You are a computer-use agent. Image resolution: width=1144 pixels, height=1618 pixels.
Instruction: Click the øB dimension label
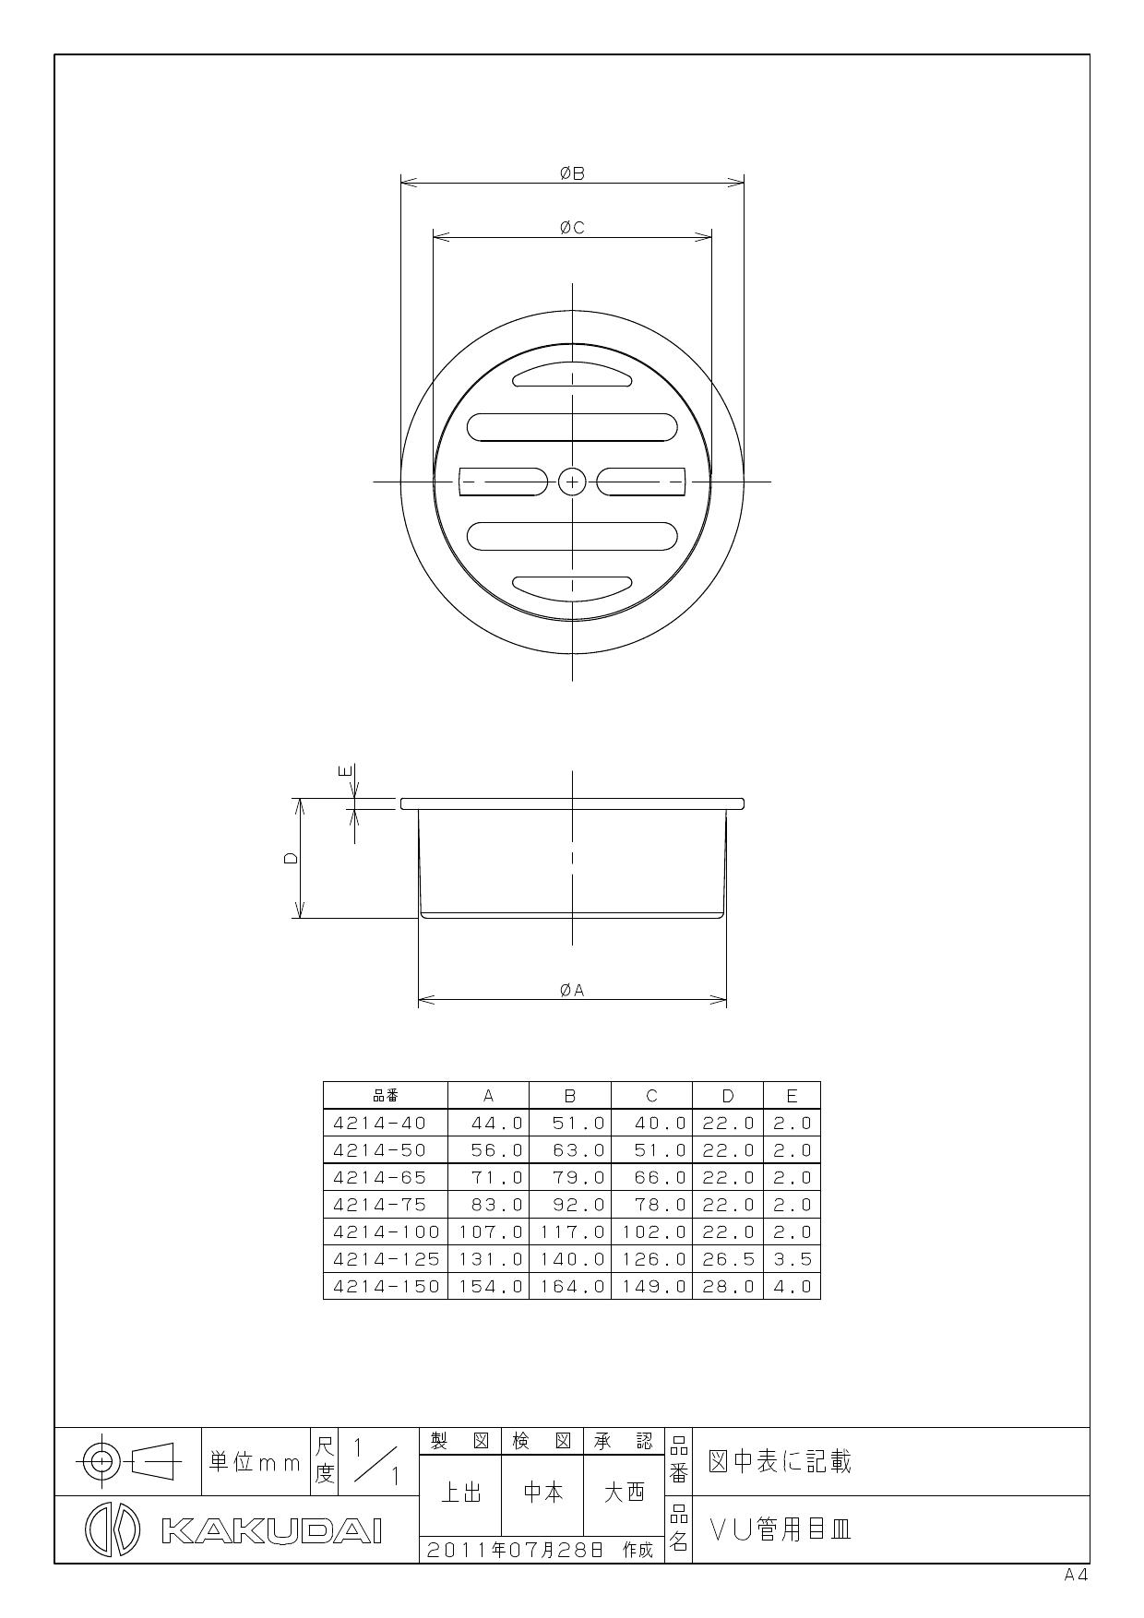click(x=572, y=173)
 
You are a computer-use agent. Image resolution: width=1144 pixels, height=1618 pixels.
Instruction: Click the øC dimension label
click(x=572, y=228)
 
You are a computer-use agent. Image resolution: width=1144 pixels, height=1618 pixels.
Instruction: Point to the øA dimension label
click(x=572, y=990)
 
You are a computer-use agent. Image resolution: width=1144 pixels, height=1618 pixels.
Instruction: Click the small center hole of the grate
click(x=572, y=482)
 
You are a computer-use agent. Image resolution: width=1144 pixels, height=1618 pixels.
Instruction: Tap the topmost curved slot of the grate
click(x=572, y=374)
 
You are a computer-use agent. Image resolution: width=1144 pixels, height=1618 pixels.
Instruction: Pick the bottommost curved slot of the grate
click(x=572, y=586)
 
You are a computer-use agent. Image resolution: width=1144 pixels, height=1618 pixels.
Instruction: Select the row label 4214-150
click(x=386, y=1286)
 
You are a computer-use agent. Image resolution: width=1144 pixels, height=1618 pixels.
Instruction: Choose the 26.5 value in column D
click(x=728, y=1259)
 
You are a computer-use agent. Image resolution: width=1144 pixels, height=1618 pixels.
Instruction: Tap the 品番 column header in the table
click(x=386, y=1096)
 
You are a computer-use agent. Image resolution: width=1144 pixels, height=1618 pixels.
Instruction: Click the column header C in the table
click(x=651, y=1096)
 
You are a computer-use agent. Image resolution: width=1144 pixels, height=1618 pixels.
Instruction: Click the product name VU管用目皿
click(x=781, y=1530)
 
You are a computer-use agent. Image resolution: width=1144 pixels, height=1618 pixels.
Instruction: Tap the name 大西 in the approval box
click(x=624, y=1493)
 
